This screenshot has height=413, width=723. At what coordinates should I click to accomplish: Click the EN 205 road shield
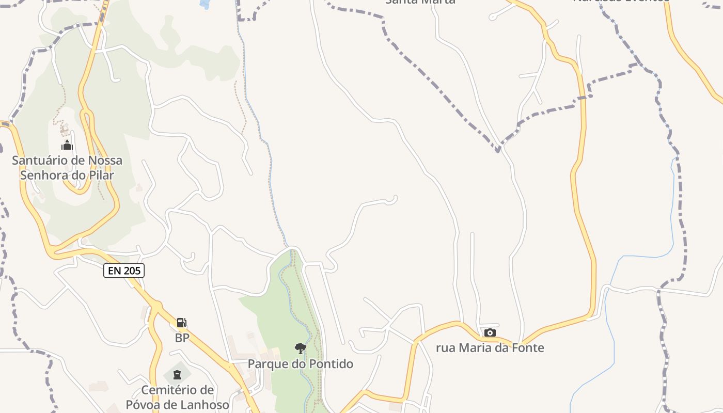(x=124, y=270)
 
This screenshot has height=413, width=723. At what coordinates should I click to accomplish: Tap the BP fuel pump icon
(x=181, y=323)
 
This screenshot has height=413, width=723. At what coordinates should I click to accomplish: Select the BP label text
(x=182, y=338)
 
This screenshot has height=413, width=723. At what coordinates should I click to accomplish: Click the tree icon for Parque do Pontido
(x=300, y=348)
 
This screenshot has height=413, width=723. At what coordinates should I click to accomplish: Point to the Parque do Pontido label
(x=300, y=364)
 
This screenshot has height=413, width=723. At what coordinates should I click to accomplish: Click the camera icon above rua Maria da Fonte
(x=490, y=332)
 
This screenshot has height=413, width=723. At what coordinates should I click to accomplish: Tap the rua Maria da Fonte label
(x=490, y=348)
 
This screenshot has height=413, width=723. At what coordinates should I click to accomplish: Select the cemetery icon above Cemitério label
(x=177, y=374)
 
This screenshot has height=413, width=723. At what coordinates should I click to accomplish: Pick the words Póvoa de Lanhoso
(x=177, y=405)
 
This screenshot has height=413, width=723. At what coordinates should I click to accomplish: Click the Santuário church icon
(x=67, y=145)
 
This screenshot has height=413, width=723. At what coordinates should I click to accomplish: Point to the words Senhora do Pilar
(x=67, y=175)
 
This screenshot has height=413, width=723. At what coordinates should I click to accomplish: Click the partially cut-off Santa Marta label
(x=420, y=2)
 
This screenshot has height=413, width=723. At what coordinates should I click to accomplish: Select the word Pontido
(x=331, y=364)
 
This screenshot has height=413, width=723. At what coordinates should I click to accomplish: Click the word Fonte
(x=528, y=348)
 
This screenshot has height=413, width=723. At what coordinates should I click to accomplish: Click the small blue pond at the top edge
(x=205, y=4)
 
